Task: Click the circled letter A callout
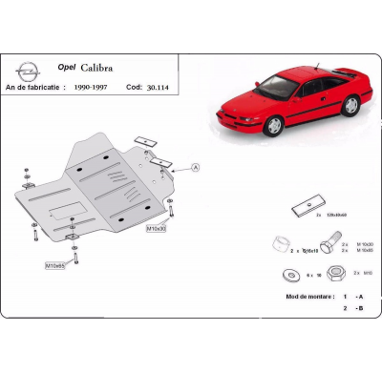(196, 167)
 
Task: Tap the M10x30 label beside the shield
(156, 230)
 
